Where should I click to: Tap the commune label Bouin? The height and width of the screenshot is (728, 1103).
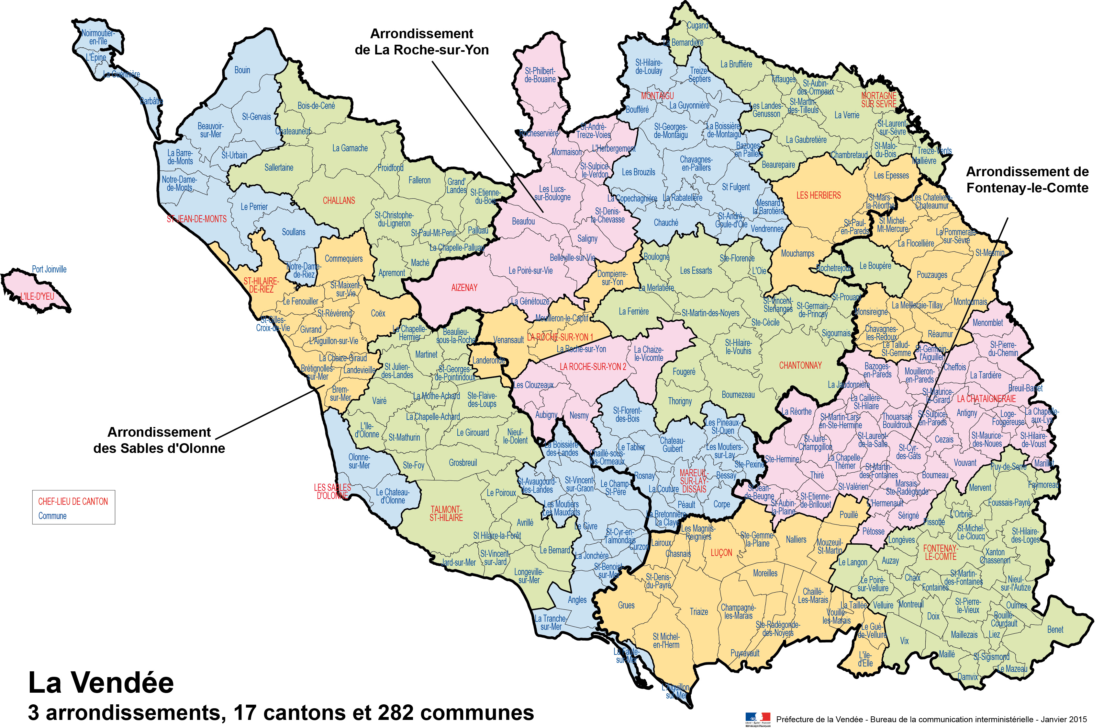[242, 70]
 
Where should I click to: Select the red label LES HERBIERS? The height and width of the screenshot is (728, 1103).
[818, 195]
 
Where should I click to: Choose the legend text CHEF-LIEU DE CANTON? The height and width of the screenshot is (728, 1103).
[73, 502]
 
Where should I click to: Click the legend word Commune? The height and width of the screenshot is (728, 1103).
[52, 516]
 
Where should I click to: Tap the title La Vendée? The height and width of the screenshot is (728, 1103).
[101, 683]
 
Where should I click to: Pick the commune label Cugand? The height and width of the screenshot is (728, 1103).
[697, 26]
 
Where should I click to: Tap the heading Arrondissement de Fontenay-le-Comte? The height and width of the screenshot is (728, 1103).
[1027, 180]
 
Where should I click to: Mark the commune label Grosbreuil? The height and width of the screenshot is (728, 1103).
[462, 463]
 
